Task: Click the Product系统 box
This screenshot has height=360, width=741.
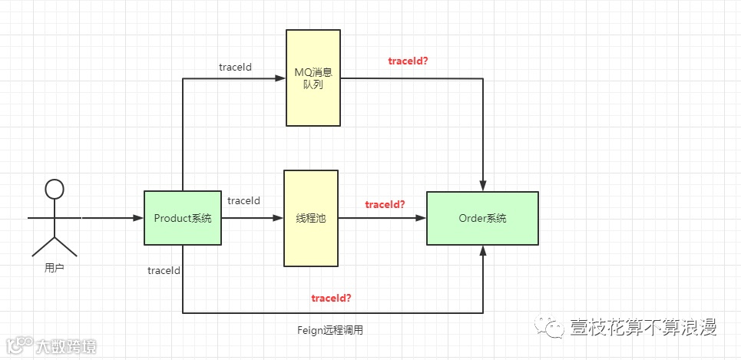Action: click(182, 218)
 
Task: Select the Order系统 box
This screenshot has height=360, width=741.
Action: click(482, 218)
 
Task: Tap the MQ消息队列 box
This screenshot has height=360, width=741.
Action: click(313, 78)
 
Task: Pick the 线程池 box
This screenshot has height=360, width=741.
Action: click(311, 219)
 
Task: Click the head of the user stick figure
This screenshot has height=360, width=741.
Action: click(54, 189)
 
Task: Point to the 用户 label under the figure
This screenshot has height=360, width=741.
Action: click(54, 269)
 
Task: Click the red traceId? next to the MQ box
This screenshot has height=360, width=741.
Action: click(409, 61)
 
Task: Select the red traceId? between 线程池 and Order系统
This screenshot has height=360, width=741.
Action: click(385, 204)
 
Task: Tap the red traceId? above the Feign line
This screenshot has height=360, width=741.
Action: click(332, 298)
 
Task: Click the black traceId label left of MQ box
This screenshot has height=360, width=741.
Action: click(235, 67)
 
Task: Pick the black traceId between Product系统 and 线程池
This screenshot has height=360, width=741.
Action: click(243, 200)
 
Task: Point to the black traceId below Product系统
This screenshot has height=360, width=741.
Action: click(164, 270)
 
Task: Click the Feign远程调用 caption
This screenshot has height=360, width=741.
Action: click(329, 330)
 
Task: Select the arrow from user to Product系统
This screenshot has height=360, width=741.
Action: click(112, 218)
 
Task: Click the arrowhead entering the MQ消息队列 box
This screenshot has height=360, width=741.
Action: click(281, 78)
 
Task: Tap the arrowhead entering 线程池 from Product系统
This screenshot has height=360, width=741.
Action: click(279, 218)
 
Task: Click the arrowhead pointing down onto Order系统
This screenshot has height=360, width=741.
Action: click(483, 187)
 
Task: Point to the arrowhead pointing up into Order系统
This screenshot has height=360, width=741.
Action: click(483, 250)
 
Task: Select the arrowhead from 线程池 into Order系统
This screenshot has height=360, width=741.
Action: click(422, 218)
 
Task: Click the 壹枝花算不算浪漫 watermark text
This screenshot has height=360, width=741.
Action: click(643, 328)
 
